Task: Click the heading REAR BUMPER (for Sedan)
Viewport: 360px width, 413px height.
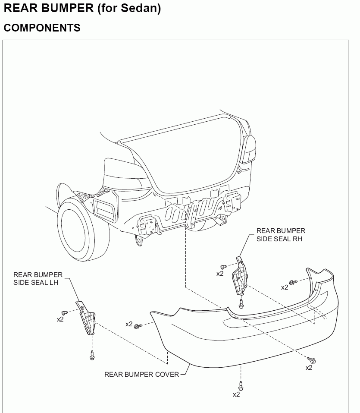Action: [82, 8]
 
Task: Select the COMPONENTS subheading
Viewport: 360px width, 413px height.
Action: [42, 28]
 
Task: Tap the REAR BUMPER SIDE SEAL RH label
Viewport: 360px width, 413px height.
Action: [281, 235]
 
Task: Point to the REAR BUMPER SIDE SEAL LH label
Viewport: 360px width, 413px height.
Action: [38, 278]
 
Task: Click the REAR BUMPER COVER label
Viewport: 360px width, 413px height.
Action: [141, 374]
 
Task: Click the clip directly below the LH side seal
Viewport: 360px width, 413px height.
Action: [92, 355]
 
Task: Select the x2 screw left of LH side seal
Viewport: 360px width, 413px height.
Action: [64, 312]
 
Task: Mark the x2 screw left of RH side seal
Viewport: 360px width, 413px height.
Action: [223, 266]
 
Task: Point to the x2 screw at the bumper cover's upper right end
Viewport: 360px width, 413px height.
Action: [293, 282]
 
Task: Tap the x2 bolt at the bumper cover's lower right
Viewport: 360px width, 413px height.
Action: [312, 359]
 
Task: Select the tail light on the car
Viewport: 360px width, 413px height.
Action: [249, 149]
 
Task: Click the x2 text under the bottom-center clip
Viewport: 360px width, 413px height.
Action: [236, 394]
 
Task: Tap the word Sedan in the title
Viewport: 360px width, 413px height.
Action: [142, 8]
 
